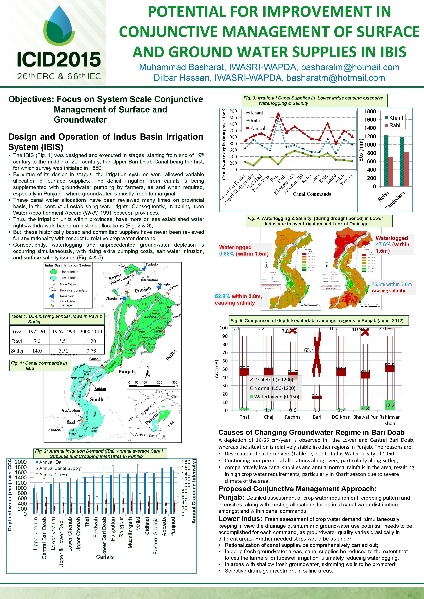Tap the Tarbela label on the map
click(152, 264)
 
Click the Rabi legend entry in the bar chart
click(394, 125)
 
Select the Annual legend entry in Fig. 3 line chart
click(257, 128)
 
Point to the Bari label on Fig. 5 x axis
click(317, 417)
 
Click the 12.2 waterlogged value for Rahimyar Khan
click(389, 405)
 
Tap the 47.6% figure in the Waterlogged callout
click(383, 245)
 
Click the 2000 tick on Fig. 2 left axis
click(21, 462)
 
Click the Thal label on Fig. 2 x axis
click(87, 522)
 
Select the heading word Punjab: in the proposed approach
click(231, 497)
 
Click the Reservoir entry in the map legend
click(67, 296)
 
